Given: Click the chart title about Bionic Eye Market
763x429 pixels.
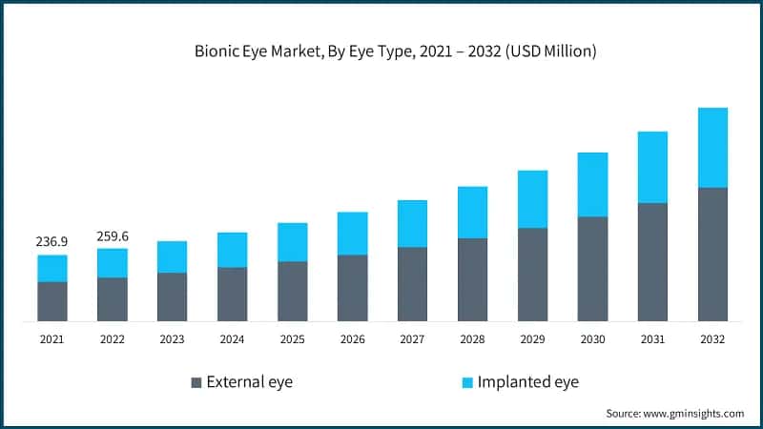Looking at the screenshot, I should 381,51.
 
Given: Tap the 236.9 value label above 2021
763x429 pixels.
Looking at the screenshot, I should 52,242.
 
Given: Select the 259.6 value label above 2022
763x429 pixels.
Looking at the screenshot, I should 113,235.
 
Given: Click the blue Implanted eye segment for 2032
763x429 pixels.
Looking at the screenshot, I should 712,148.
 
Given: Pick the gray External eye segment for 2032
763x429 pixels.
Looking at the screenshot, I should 712,254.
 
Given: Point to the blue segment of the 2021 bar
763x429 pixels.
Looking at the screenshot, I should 52,269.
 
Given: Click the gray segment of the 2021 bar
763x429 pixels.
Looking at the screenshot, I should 52,301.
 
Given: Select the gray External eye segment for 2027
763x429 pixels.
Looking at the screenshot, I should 413,284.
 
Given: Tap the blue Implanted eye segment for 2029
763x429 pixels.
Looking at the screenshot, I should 533,199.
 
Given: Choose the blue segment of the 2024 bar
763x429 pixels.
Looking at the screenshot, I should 233,250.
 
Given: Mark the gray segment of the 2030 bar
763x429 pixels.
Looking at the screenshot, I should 593,269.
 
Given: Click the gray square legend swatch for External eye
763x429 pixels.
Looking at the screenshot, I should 196,382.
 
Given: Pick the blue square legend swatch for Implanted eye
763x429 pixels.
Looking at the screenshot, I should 467,382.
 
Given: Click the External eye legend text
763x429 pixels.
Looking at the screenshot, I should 251,382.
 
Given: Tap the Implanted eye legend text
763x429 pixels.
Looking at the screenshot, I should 528,382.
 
